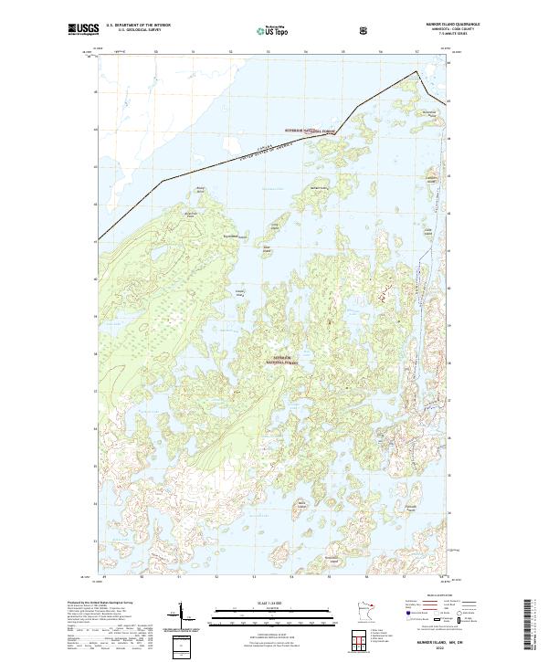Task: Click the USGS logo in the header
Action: pyautogui.click(x=83, y=31)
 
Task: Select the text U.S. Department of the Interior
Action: pyautogui.click(x=138, y=26)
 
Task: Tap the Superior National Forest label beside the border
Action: pyautogui.click(x=311, y=131)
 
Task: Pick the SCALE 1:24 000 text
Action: pyautogui.click(x=266, y=600)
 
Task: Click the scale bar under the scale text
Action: pyautogui.click(x=266, y=613)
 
